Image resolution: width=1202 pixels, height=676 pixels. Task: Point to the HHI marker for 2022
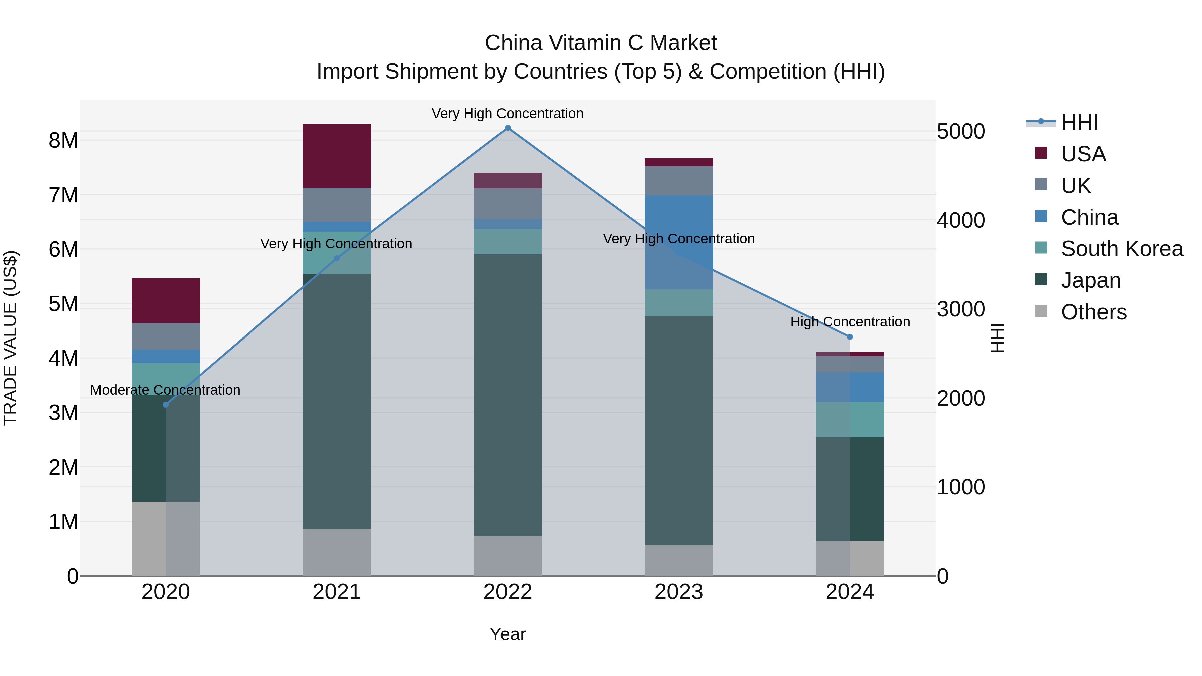(x=508, y=128)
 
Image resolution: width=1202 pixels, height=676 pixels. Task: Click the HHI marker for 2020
(x=166, y=405)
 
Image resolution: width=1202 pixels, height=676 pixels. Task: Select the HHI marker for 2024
(x=850, y=337)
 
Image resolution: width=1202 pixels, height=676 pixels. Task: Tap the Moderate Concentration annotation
(x=165, y=390)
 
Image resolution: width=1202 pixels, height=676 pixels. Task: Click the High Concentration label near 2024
(x=850, y=322)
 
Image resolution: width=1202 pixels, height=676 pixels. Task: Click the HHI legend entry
(x=1079, y=122)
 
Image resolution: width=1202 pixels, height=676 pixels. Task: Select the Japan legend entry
(x=1090, y=280)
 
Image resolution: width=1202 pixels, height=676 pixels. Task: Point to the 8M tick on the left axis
(x=63, y=140)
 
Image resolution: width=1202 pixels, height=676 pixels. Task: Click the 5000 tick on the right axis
(x=961, y=132)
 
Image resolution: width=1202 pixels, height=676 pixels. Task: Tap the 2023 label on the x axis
(x=678, y=592)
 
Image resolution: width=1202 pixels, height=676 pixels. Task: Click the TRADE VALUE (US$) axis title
(x=10, y=338)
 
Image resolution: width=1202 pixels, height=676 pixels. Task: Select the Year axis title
(x=508, y=634)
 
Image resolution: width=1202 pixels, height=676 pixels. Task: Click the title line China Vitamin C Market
(x=601, y=43)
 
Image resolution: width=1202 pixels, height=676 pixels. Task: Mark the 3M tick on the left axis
(x=63, y=412)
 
